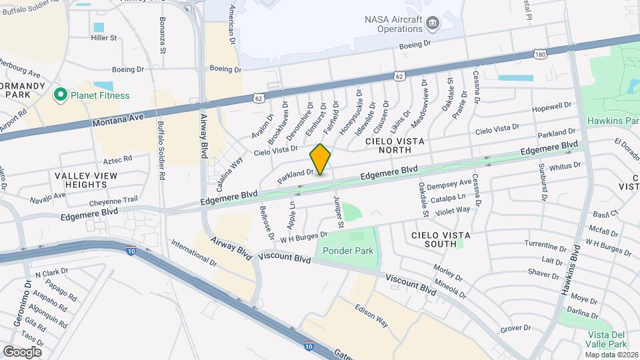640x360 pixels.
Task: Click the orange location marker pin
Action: coord(321,159)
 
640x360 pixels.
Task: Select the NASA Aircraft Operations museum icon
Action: coord(433,25)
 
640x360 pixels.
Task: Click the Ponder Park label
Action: coord(348,251)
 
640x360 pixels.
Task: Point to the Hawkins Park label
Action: coord(613,121)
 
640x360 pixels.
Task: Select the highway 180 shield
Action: coord(540,53)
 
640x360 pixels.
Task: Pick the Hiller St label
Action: coord(104,38)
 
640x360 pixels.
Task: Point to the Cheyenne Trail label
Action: coord(114,199)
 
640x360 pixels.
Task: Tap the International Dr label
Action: coord(193,253)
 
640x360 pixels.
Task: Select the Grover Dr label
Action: coord(515,328)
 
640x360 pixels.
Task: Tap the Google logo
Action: coord(22,351)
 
